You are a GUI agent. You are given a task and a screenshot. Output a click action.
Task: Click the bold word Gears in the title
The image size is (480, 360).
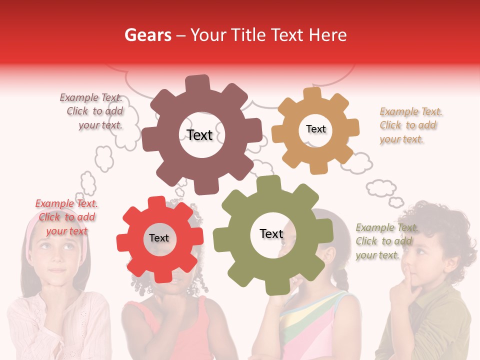[148, 35]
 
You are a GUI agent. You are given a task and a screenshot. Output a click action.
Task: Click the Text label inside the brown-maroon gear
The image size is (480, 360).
[199, 135]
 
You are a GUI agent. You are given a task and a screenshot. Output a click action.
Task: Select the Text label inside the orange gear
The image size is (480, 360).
[315, 129]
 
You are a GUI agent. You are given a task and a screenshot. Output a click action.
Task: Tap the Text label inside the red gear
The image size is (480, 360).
[159, 238]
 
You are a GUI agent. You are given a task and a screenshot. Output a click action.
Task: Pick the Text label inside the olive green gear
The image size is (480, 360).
[271, 233]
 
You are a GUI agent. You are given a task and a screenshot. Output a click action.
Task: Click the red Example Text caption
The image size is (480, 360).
[66, 217]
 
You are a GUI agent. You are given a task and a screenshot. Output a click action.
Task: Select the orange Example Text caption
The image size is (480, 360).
[410, 125]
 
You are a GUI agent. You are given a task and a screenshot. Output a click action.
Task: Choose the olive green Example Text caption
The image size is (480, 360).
[386, 241]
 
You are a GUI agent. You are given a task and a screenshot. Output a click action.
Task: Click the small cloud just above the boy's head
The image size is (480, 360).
[396, 202]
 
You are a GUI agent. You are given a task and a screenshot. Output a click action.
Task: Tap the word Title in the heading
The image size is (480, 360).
[248, 35]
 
